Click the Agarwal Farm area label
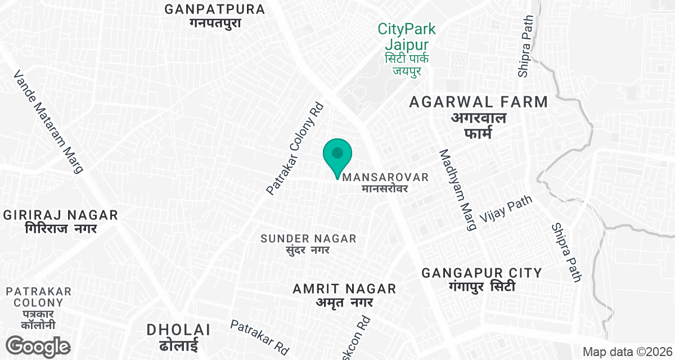pyautogui.click(x=479, y=117)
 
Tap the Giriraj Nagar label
pyautogui.click(x=61, y=221)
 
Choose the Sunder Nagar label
pyautogui.click(x=308, y=244)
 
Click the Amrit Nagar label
pyautogui.click(x=345, y=295)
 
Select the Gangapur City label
pyautogui.click(x=482, y=279)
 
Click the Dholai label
pyautogui.click(x=178, y=336)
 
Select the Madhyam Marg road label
pyautogui.click(x=458, y=190)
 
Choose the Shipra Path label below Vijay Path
pyautogui.click(x=566, y=252)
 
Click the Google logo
pyautogui.click(x=38, y=345)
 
